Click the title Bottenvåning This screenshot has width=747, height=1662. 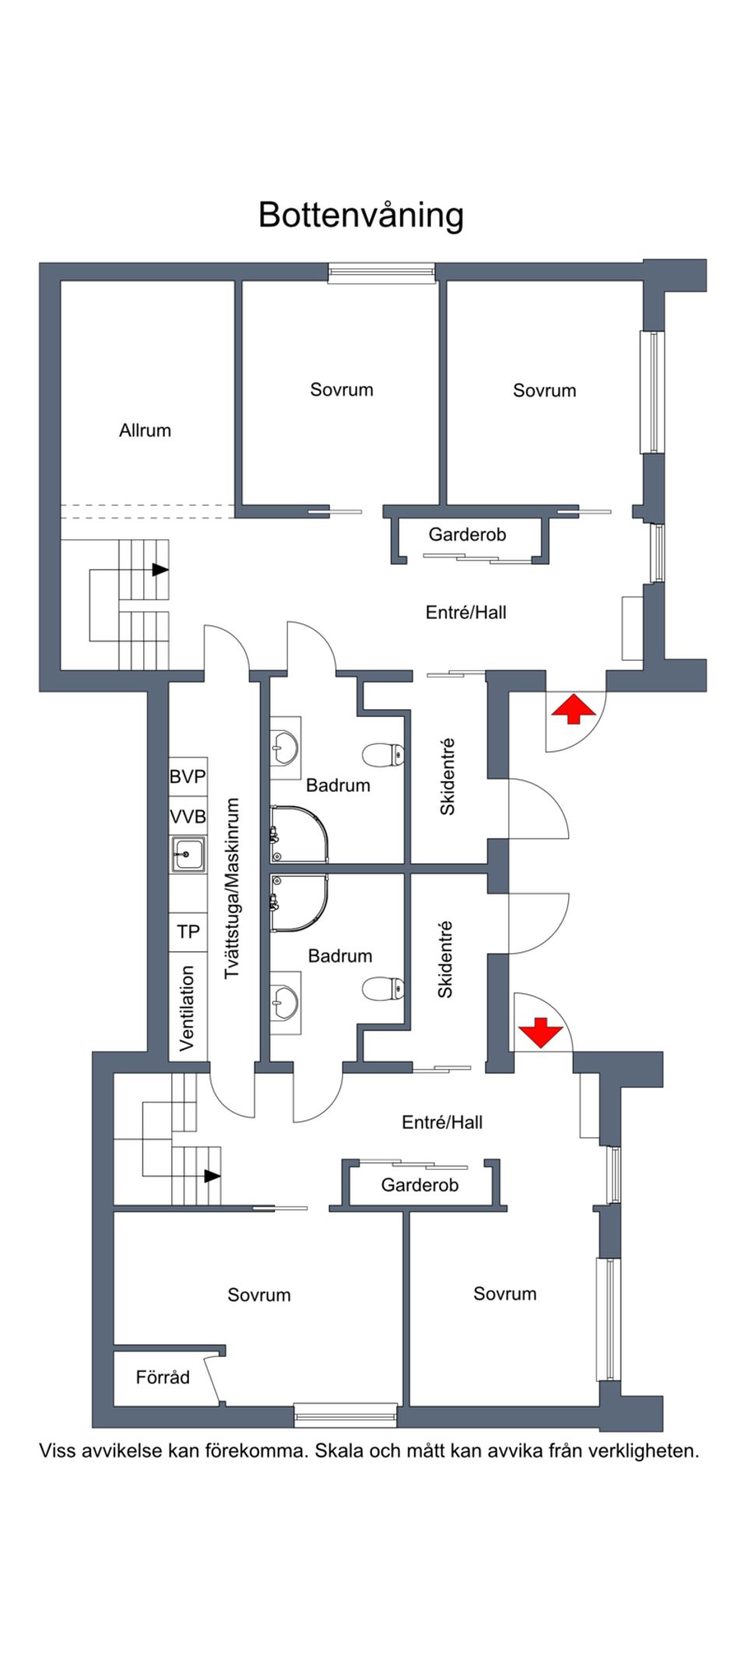click(361, 216)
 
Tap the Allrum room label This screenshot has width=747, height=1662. click(145, 430)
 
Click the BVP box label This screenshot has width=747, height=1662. click(188, 776)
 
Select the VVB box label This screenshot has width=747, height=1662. click(188, 817)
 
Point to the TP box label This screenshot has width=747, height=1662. click(188, 932)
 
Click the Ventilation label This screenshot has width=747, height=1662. click(188, 1008)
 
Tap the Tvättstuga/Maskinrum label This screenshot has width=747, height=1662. click(232, 888)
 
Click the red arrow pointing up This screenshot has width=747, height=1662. click(573, 709)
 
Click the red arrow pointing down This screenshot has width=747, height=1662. click(541, 1032)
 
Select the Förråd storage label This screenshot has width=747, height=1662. click(163, 1377)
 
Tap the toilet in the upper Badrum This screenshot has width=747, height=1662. click(384, 754)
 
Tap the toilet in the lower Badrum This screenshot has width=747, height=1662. click(384, 989)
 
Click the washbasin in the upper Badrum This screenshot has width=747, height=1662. click(285, 749)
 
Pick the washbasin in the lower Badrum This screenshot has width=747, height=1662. click(285, 1003)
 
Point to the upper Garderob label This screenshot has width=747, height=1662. click(467, 535)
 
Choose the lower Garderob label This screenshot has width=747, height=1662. click(419, 1186)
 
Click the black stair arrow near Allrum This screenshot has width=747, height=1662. click(160, 570)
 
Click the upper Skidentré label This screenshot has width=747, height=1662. click(447, 777)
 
